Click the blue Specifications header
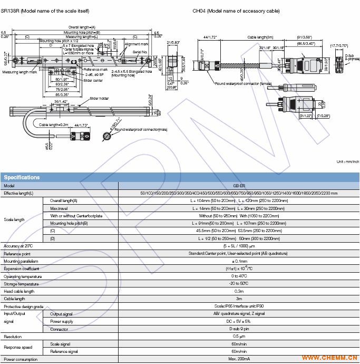point(22,177)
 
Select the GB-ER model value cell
point(239,186)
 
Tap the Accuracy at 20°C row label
point(18,246)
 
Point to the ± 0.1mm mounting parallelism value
point(239,261)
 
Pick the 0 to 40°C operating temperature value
point(239,276)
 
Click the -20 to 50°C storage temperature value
point(239,284)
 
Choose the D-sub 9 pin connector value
point(239,329)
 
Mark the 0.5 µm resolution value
point(239,336)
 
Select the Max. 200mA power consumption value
point(239,359)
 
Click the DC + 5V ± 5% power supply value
point(239,321)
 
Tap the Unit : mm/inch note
point(347,161)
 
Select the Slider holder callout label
point(99,98)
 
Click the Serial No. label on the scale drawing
point(140,52)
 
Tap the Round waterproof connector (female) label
point(243,83)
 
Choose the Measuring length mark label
point(19,72)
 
